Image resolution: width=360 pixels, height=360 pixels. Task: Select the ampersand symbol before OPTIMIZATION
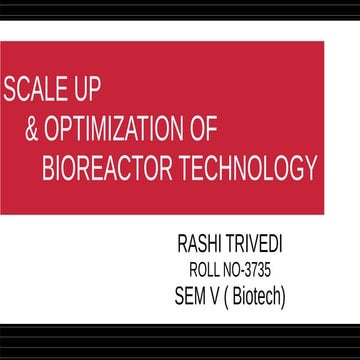[32, 130]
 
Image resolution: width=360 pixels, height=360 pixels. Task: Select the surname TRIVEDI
[262, 245]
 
